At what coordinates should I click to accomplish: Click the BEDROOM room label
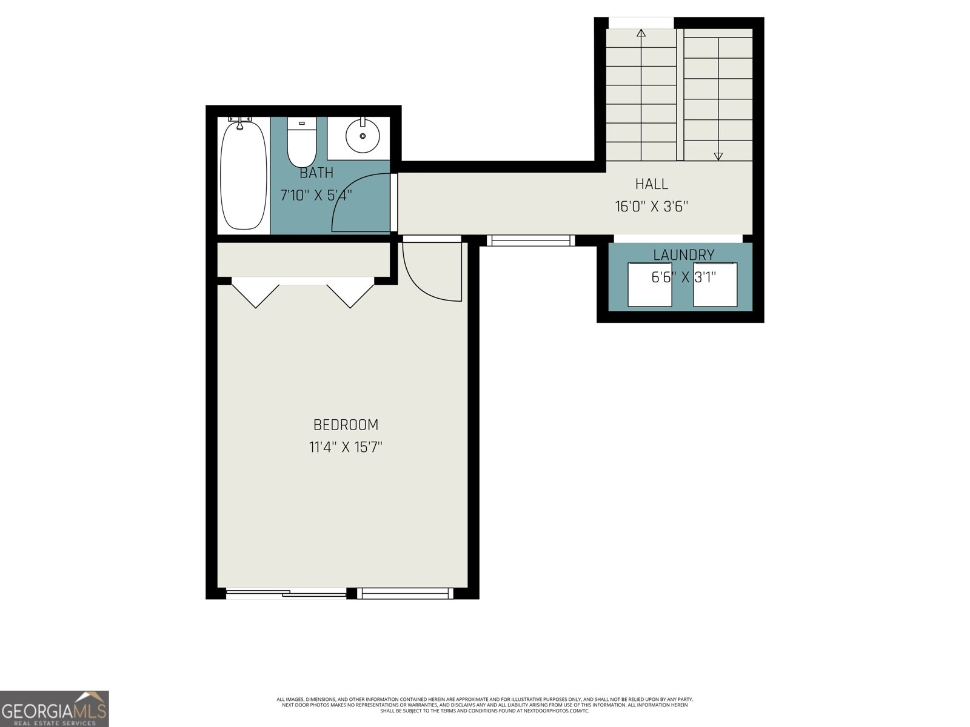346,425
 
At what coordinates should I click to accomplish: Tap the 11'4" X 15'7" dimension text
346,448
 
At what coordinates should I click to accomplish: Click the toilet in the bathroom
301,143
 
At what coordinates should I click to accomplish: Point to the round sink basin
363,136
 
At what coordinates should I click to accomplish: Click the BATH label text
316,173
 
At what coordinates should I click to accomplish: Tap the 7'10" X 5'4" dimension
316,196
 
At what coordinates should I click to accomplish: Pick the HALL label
652,184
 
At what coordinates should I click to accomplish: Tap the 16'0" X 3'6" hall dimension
652,207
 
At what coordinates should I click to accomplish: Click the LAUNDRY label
683,255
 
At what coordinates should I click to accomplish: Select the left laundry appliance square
649,285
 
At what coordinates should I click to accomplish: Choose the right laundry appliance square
715,285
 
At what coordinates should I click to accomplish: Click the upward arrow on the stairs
641,33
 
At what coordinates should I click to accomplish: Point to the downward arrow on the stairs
718,156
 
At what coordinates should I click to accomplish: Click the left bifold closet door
255,293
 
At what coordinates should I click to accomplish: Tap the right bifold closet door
350,293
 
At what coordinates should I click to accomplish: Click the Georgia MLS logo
55,709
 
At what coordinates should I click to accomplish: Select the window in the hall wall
530,241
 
